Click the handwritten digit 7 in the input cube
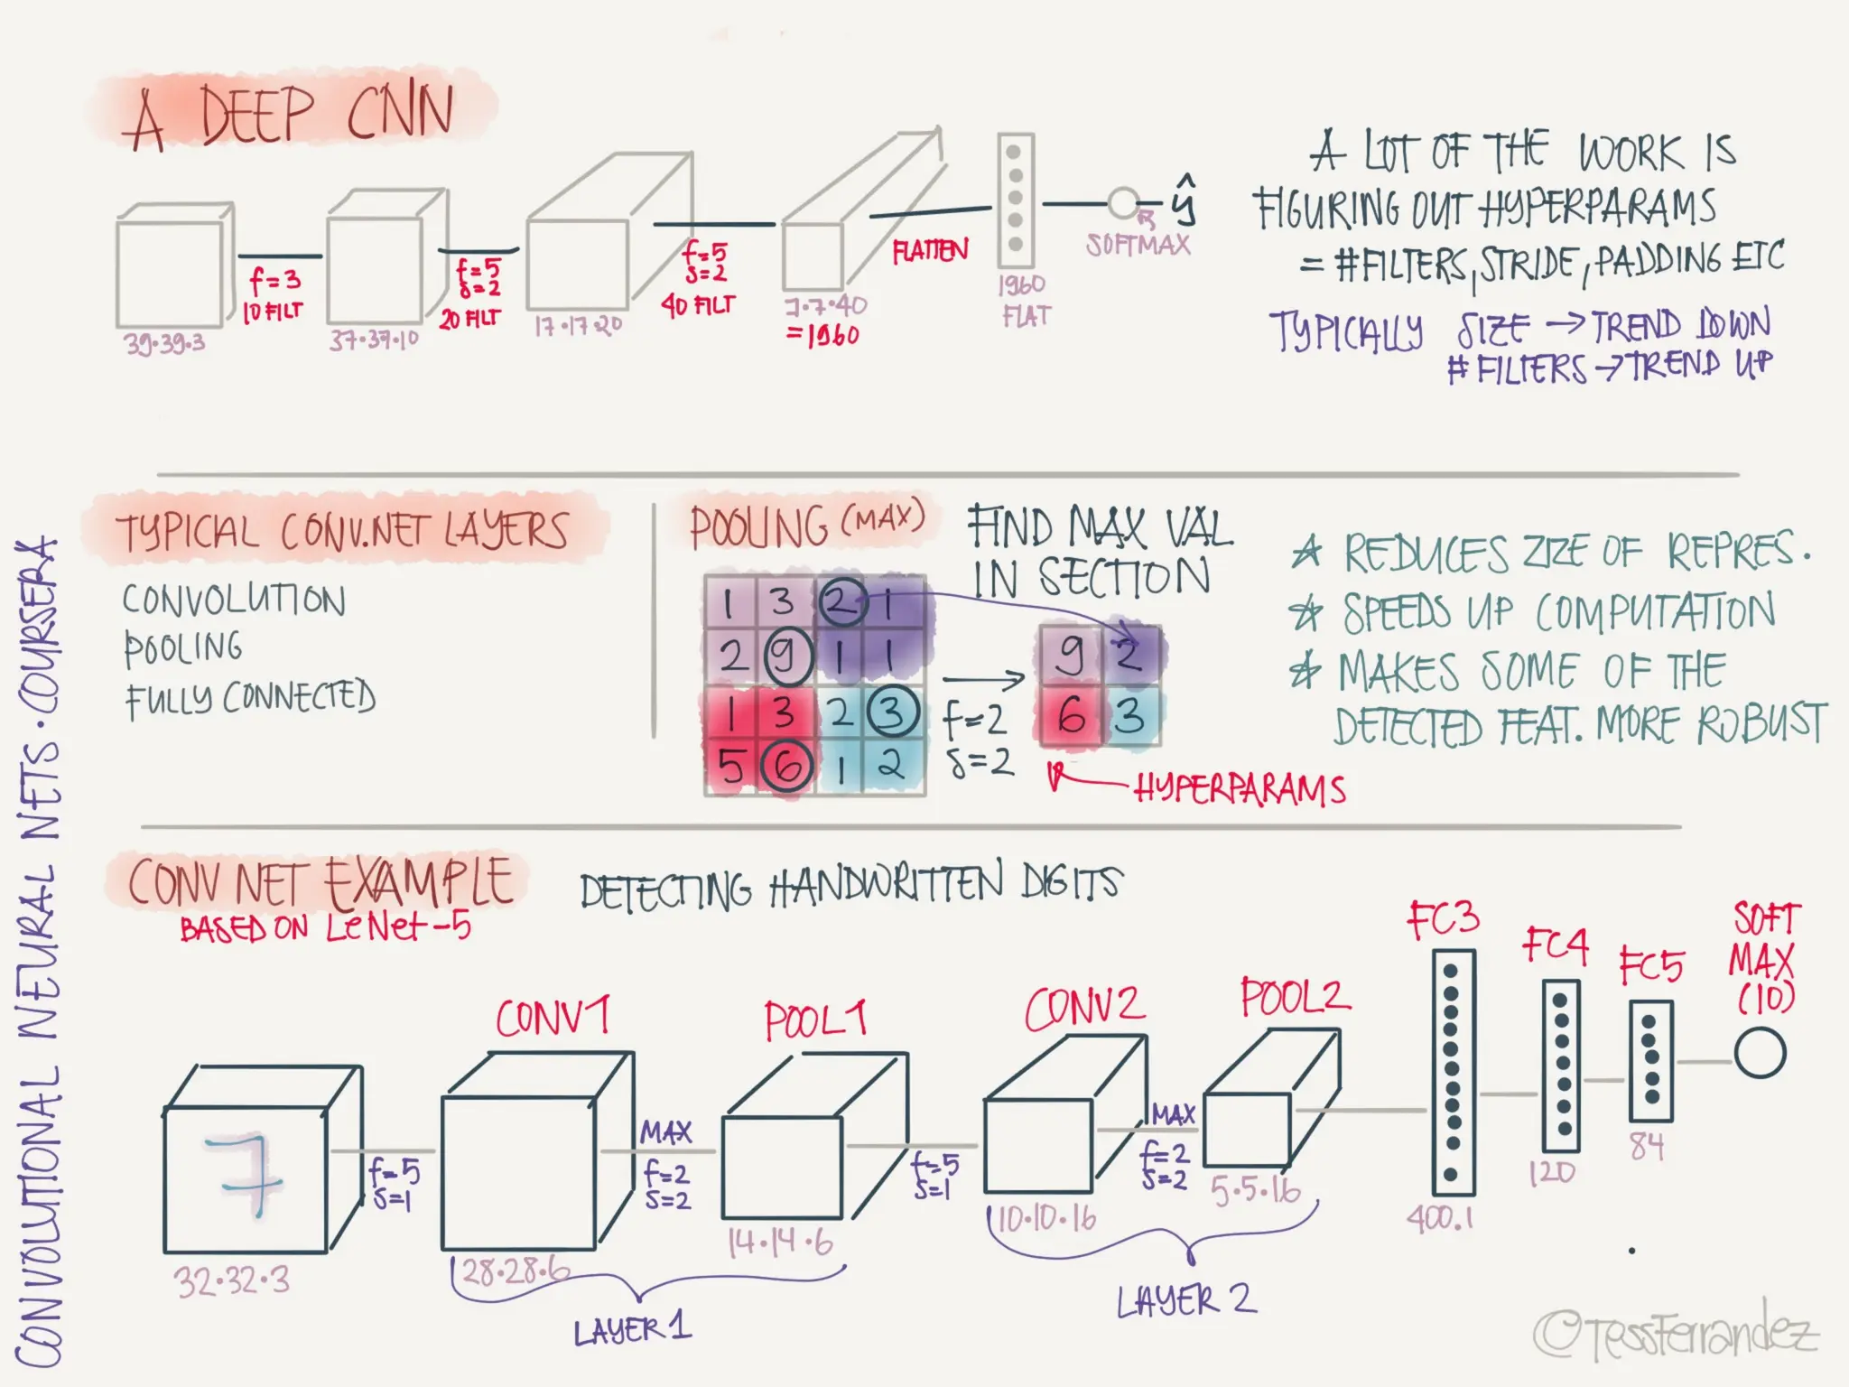click(x=244, y=1174)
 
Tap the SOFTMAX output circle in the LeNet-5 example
click(x=1760, y=1054)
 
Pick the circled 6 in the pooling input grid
click(x=787, y=766)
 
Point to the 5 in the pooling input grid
click(x=730, y=767)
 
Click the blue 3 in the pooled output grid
click(x=1129, y=717)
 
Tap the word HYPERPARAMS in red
click(x=1240, y=789)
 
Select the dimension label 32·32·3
click(x=232, y=1280)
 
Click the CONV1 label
click(x=553, y=1017)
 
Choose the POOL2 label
click(x=1295, y=998)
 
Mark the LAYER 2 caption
click(x=1185, y=1301)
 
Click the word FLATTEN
click(x=930, y=250)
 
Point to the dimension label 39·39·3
click(x=165, y=343)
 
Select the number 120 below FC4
click(x=1552, y=1173)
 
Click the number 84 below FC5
click(x=1647, y=1146)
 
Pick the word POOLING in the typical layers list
click(x=184, y=647)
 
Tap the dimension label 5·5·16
click(x=1256, y=1192)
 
